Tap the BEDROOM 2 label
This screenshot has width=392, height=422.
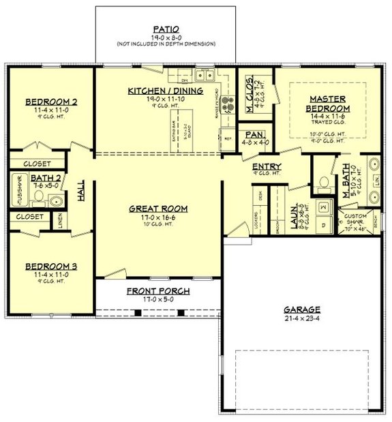pos(51,102)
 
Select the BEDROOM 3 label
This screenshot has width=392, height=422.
pos(51,266)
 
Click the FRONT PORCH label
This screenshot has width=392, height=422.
pos(158,291)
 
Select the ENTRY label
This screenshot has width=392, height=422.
pos(267,166)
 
